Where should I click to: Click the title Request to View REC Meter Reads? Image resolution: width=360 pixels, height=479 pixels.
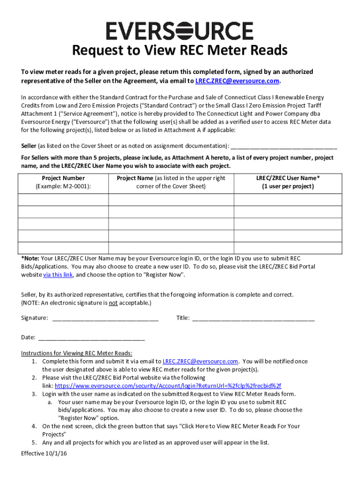tap(180, 51)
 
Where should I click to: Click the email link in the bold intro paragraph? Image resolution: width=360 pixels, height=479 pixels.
tap(237, 80)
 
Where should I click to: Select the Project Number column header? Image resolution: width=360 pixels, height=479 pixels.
tap(63, 178)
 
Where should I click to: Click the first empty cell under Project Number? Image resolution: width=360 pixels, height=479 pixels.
tap(63, 199)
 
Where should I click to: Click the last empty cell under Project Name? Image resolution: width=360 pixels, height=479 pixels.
tap(171, 248)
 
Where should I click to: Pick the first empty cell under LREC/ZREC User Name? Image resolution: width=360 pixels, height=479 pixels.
tap(288, 199)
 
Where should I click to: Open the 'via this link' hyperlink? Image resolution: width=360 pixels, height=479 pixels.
tap(58, 275)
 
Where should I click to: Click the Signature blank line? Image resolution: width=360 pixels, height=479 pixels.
tap(105, 319)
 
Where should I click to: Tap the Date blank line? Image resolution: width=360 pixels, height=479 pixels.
tap(91, 338)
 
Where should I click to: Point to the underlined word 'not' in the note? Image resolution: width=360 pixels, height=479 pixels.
tap(113, 303)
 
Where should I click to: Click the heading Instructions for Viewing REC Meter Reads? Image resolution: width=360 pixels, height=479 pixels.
tap(77, 353)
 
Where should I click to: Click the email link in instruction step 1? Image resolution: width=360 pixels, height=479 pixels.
tap(200, 362)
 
